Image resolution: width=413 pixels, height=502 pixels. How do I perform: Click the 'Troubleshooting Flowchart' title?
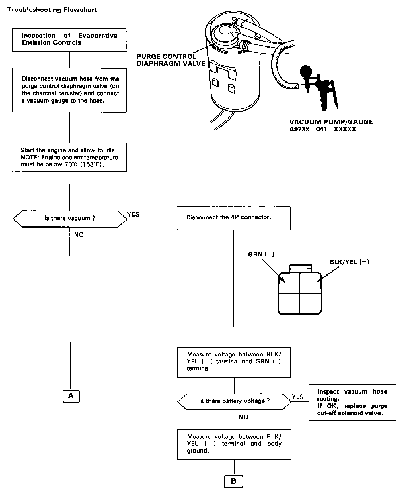pyautogui.click(x=52, y=10)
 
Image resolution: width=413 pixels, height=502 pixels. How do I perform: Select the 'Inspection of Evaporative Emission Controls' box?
pyautogui.click(x=69, y=40)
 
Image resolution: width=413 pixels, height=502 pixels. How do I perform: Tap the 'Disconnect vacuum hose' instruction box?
pyautogui.click(x=69, y=90)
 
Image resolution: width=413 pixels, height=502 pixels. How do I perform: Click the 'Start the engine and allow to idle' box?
pyautogui.click(x=69, y=157)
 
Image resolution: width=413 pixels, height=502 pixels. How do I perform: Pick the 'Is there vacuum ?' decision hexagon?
pyautogui.click(x=70, y=219)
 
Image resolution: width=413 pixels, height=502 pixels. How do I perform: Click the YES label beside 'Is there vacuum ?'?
pyautogui.click(x=133, y=214)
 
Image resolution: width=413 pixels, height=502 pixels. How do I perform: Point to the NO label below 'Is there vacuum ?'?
pyautogui.click(x=79, y=234)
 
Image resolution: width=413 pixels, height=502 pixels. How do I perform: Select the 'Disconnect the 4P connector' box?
pyautogui.click(x=233, y=218)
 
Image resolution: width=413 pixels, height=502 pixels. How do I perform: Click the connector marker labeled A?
pyautogui.click(x=71, y=396)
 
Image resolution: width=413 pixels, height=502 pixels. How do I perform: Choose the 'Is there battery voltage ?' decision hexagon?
pyautogui.click(x=234, y=401)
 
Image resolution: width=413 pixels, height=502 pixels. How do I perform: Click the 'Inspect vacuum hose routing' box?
pyautogui.click(x=352, y=402)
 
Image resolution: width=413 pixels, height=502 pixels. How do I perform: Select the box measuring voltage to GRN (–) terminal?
pyautogui.click(x=234, y=362)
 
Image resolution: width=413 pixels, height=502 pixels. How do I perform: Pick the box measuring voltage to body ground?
pyautogui.click(x=234, y=444)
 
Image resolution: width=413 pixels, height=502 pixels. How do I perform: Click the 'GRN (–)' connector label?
pyautogui.click(x=261, y=254)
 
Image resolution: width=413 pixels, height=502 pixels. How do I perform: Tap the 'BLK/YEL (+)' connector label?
pyautogui.click(x=349, y=262)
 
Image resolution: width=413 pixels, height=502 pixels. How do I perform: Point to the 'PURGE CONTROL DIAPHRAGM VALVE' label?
pyautogui.click(x=171, y=60)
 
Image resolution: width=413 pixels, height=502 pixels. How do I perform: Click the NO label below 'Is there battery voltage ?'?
pyautogui.click(x=243, y=417)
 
